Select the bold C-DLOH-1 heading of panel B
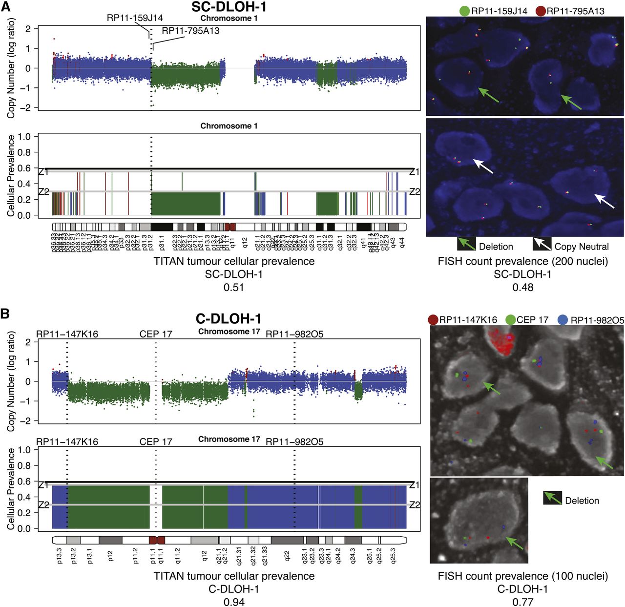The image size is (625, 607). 229,319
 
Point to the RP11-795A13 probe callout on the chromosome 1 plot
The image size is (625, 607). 190,31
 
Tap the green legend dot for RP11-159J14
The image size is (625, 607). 464,11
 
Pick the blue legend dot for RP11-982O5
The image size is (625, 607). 562,320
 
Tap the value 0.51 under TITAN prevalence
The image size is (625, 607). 234,287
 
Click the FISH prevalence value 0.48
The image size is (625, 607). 522,287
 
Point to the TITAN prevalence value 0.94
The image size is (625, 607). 234,602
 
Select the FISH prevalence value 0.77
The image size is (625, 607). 522,602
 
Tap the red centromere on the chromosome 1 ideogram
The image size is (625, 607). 229,227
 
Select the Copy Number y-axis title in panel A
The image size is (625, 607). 12,68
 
